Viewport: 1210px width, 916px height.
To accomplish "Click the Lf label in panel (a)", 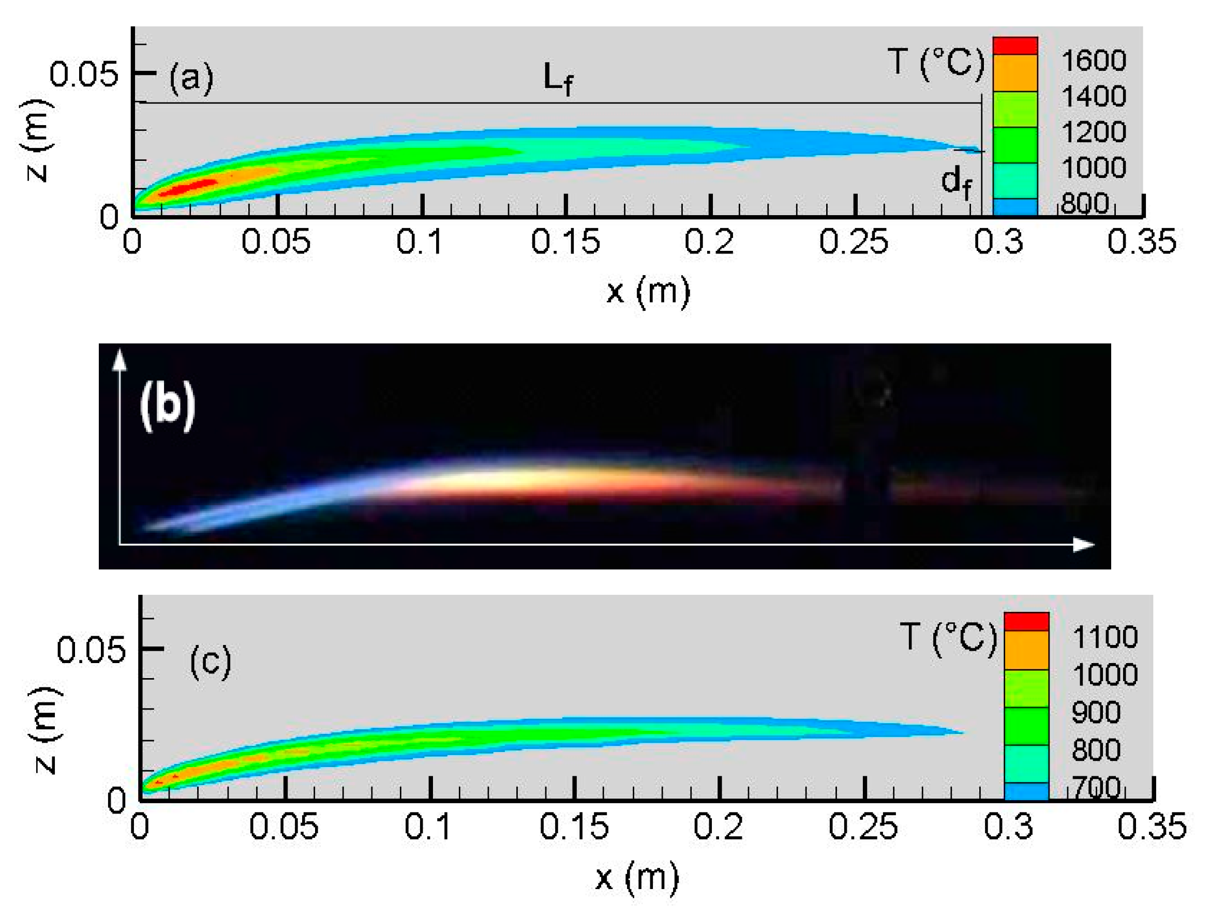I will click(x=558, y=79).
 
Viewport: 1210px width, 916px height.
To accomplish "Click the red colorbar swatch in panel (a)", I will click(x=1015, y=46).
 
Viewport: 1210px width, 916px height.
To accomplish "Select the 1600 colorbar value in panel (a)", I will click(x=1094, y=60).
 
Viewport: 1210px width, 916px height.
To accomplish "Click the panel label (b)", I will click(x=168, y=406).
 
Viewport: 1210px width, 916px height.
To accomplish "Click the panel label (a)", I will click(x=191, y=78).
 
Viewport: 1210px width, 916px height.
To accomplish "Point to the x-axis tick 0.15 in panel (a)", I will click(x=565, y=242).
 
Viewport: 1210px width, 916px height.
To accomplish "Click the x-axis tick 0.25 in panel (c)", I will click(x=863, y=826).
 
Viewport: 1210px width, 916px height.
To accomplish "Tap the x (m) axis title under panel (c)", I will click(x=637, y=877).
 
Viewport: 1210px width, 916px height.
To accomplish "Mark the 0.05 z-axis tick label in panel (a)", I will click(x=83, y=74).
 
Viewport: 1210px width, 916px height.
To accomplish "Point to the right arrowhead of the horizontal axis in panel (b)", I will click(x=1083, y=545).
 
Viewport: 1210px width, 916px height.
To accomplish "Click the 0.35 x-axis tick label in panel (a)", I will click(x=1141, y=242).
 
